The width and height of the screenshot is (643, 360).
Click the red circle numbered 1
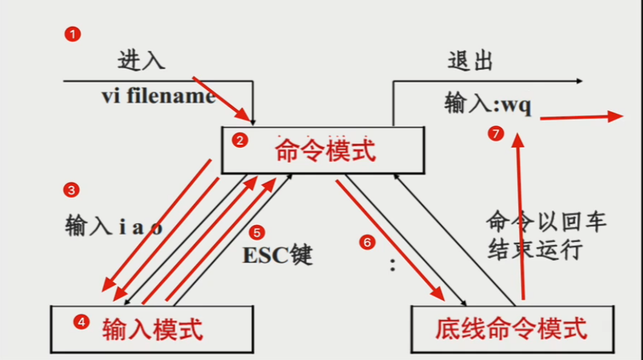tap(70, 33)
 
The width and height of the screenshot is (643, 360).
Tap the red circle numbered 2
tap(239, 141)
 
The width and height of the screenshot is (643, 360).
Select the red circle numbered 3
tap(70, 188)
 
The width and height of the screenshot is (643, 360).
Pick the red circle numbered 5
tap(256, 232)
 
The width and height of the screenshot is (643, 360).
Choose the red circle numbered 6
tap(367, 241)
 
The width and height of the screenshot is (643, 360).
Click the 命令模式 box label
tap(325, 149)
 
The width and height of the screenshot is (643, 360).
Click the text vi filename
tap(159, 97)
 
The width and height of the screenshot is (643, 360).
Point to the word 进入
tap(142, 60)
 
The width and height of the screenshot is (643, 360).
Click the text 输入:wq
tap(488, 106)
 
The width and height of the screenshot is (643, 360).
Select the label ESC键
tap(277, 255)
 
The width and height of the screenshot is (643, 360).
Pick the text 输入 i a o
tap(114, 226)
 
